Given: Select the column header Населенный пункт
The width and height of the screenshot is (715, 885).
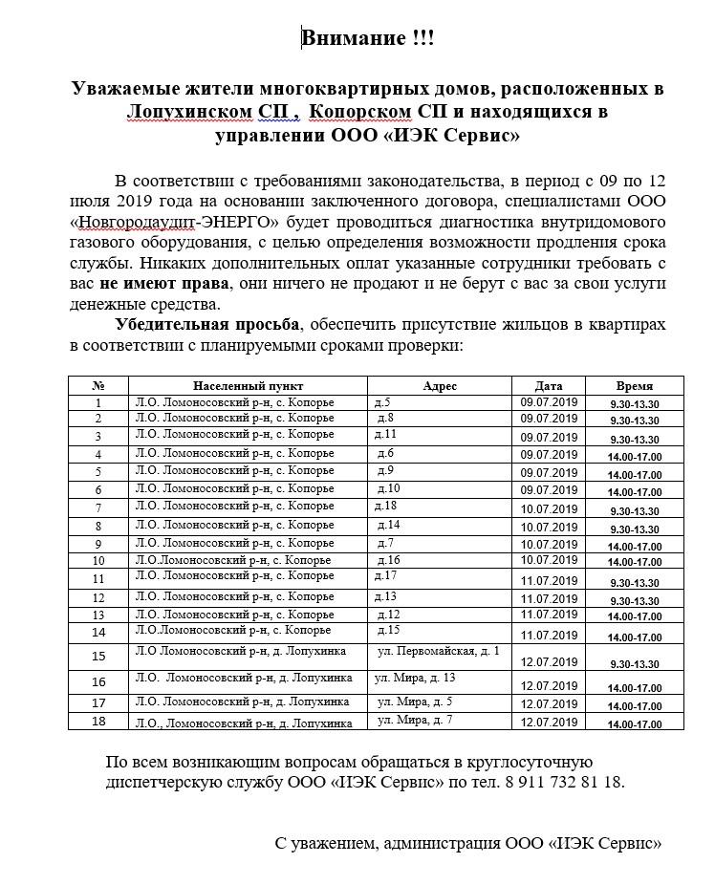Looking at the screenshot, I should (x=248, y=385).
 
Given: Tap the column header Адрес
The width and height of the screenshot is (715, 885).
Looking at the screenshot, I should (x=440, y=385).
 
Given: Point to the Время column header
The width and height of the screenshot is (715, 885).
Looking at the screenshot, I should (x=634, y=385).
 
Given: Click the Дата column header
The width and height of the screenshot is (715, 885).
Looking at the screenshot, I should (x=549, y=385).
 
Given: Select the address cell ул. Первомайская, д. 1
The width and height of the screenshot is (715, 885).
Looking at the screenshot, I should (x=439, y=651).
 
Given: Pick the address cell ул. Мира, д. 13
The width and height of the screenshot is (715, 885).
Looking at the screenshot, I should (x=415, y=677).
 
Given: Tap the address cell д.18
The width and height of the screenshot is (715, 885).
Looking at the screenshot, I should (x=386, y=505).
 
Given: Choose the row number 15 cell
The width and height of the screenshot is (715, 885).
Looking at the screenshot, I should (x=98, y=657).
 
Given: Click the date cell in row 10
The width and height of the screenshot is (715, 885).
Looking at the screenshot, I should (x=549, y=560).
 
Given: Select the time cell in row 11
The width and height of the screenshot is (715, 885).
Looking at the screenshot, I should (x=634, y=582).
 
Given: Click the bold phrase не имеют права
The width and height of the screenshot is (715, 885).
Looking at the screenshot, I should (x=164, y=284).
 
